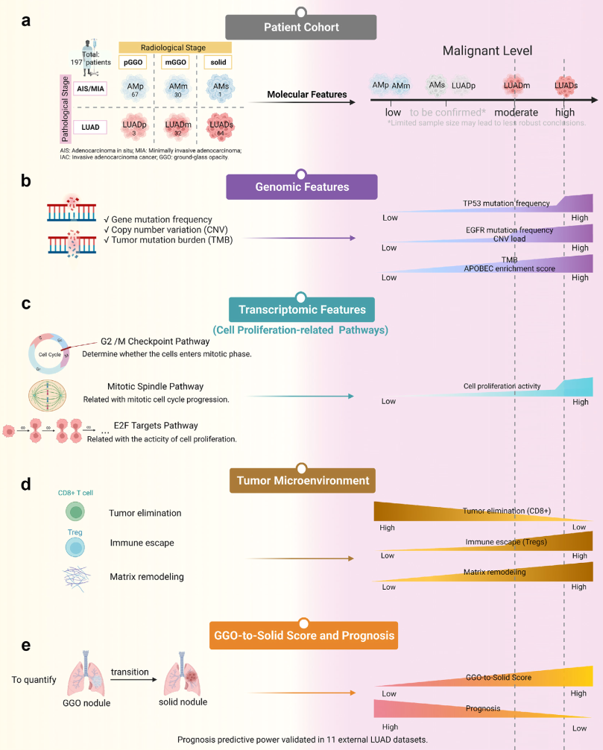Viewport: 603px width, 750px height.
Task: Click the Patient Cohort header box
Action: click(x=301, y=28)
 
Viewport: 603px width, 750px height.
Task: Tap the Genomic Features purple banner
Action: click(x=301, y=186)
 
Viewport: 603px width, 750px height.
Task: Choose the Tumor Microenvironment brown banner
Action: click(x=301, y=480)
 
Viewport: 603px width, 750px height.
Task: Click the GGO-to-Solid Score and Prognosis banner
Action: click(x=301, y=637)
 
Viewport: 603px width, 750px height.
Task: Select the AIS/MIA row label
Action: click(x=89, y=88)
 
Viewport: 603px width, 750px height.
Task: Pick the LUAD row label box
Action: click(x=89, y=127)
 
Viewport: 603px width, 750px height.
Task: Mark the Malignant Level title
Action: click(x=487, y=51)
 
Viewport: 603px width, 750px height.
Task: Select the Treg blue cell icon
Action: click(x=76, y=546)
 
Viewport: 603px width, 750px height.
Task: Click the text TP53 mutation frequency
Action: click(x=506, y=204)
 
